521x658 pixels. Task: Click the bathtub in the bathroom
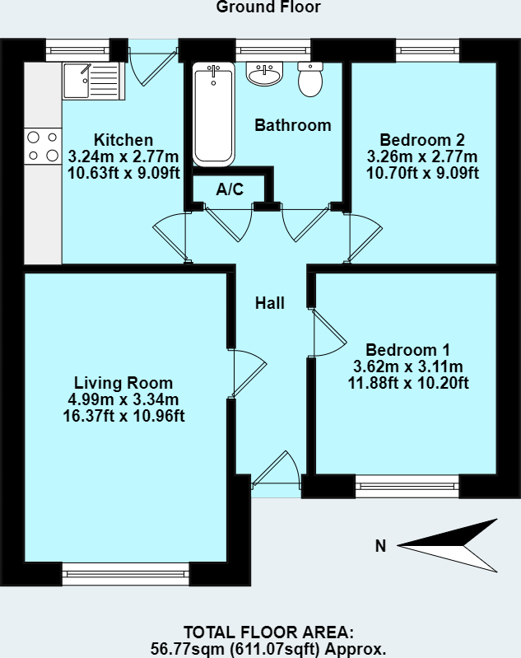tap(213, 114)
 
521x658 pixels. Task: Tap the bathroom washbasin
tap(264, 74)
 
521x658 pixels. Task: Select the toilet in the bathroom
tap(310, 80)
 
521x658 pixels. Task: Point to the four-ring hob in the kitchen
tap(43, 146)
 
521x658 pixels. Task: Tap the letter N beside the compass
tap(380, 545)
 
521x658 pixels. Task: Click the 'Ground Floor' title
tap(267, 7)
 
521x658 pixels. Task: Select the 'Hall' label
tap(269, 303)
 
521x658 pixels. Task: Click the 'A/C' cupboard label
tap(230, 189)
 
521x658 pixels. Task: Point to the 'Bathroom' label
tap(292, 125)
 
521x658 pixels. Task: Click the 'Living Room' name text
tap(123, 383)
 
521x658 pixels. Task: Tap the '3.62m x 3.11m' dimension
tap(407, 366)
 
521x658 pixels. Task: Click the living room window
tap(126, 573)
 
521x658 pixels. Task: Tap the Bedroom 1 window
tap(407, 486)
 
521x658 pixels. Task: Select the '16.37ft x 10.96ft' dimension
tap(123, 415)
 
